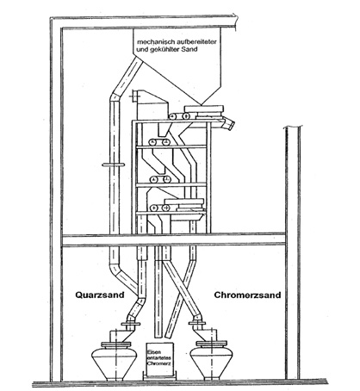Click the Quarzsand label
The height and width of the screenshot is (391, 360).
coord(100,295)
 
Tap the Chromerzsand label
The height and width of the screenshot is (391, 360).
coord(247,295)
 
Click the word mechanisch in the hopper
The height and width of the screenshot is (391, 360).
coord(152,41)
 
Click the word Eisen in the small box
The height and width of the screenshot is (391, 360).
coord(153,352)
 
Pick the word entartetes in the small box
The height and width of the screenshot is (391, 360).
coord(158,357)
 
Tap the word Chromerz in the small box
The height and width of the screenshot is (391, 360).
coord(158,363)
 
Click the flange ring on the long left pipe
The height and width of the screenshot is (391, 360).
coord(114,164)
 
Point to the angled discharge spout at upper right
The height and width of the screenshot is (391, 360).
coord(228,124)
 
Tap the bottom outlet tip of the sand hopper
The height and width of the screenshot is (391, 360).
coord(202,104)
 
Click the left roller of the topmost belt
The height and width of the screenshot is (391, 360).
coord(172,116)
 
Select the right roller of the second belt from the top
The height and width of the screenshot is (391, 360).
coord(165,142)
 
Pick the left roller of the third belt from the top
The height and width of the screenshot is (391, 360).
coord(153,179)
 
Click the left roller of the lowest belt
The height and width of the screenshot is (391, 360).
coord(154,208)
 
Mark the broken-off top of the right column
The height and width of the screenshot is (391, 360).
coord(293,127)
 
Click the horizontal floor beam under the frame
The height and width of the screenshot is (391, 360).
coord(173,240)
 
